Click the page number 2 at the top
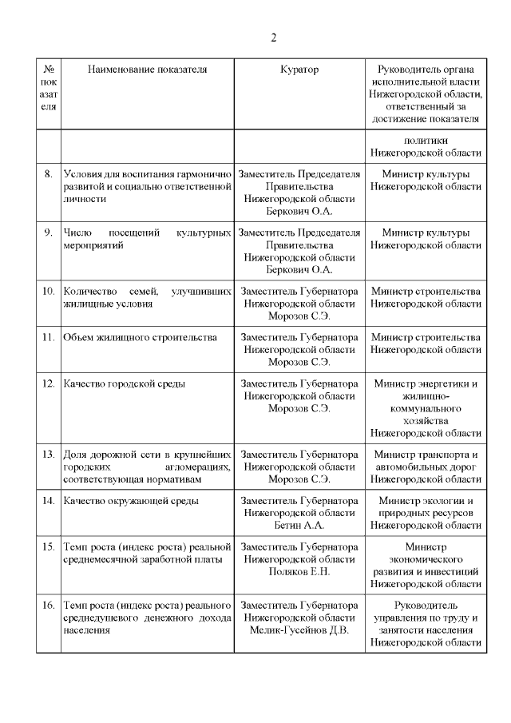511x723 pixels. [x=273, y=38]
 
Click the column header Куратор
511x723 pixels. [x=299, y=70]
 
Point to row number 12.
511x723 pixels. [x=48, y=383]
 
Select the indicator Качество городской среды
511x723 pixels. [x=125, y=383]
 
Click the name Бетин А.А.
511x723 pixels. [x=299, y=526]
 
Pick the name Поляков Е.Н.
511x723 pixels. [x=299, y=572]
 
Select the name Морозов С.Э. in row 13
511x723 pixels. [x=299, y=479]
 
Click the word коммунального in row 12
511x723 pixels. [x=424, y=408]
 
